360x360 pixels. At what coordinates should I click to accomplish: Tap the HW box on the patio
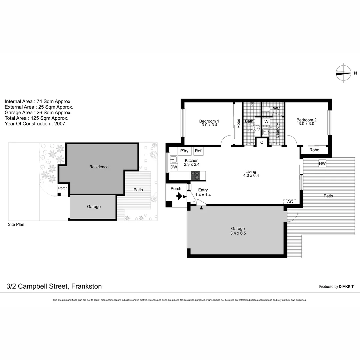coord(322,164)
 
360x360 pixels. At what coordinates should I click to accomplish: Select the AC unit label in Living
coord(290,202)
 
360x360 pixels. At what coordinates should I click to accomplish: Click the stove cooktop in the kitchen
coord(195,175)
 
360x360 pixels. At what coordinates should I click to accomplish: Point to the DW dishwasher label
coord(173,167)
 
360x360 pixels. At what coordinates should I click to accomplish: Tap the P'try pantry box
coord(184,151)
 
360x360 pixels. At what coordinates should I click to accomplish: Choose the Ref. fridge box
coord(198,151)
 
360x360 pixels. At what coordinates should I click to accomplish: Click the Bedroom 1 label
coord(209,121)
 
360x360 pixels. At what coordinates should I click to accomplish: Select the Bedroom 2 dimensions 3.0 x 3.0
coord(306,124)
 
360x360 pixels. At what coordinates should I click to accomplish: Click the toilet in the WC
coord(267,109)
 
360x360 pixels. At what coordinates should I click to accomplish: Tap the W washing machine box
coord(266,122)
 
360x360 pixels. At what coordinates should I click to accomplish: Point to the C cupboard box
coord(262,142)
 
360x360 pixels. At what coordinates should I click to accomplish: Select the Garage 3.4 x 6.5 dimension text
coord(238,233)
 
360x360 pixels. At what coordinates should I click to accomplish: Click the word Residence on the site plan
coord(99,167)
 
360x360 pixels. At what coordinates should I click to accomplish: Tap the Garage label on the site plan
coord(94,207)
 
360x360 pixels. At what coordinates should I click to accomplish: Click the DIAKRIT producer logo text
coord(346,286)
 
